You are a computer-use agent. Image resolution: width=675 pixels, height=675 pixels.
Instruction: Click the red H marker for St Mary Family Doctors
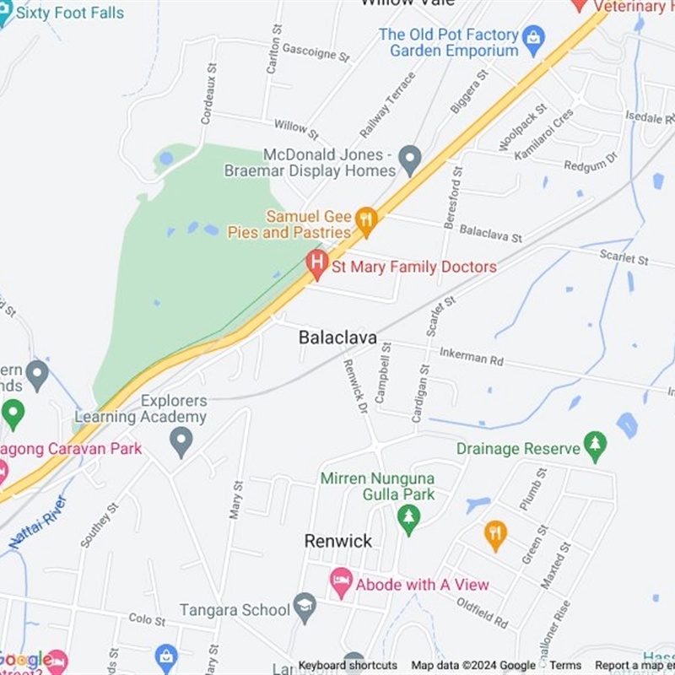pos(316,264)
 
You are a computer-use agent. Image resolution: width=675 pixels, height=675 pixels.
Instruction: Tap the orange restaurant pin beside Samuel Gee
pos(365,222)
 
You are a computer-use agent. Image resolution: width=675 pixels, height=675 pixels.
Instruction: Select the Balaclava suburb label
pos(337,337)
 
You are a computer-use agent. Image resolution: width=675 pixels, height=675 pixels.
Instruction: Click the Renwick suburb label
pos(338,541)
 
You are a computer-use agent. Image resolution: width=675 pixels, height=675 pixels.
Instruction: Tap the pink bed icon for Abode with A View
pos(341,580)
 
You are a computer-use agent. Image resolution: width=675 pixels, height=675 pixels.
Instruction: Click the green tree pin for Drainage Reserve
pos(596,445)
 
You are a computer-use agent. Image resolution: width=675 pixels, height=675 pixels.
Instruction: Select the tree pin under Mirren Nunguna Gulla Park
pos(409,518)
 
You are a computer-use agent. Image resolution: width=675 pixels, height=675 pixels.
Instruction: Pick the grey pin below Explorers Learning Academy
pos(181,440)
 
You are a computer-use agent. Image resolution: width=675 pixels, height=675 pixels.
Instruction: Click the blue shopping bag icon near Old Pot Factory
pos(533,37)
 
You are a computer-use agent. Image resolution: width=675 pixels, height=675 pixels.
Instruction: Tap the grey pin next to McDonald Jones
pos(410,158)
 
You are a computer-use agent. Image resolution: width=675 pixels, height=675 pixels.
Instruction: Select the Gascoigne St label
pos(315,52)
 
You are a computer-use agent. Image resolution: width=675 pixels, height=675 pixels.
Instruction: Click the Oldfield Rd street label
pos(483,613)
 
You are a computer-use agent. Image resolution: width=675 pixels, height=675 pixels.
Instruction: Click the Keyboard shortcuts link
pos(348,666)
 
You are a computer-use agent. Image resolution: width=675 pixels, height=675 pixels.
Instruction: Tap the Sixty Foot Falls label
pos(70,13)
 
